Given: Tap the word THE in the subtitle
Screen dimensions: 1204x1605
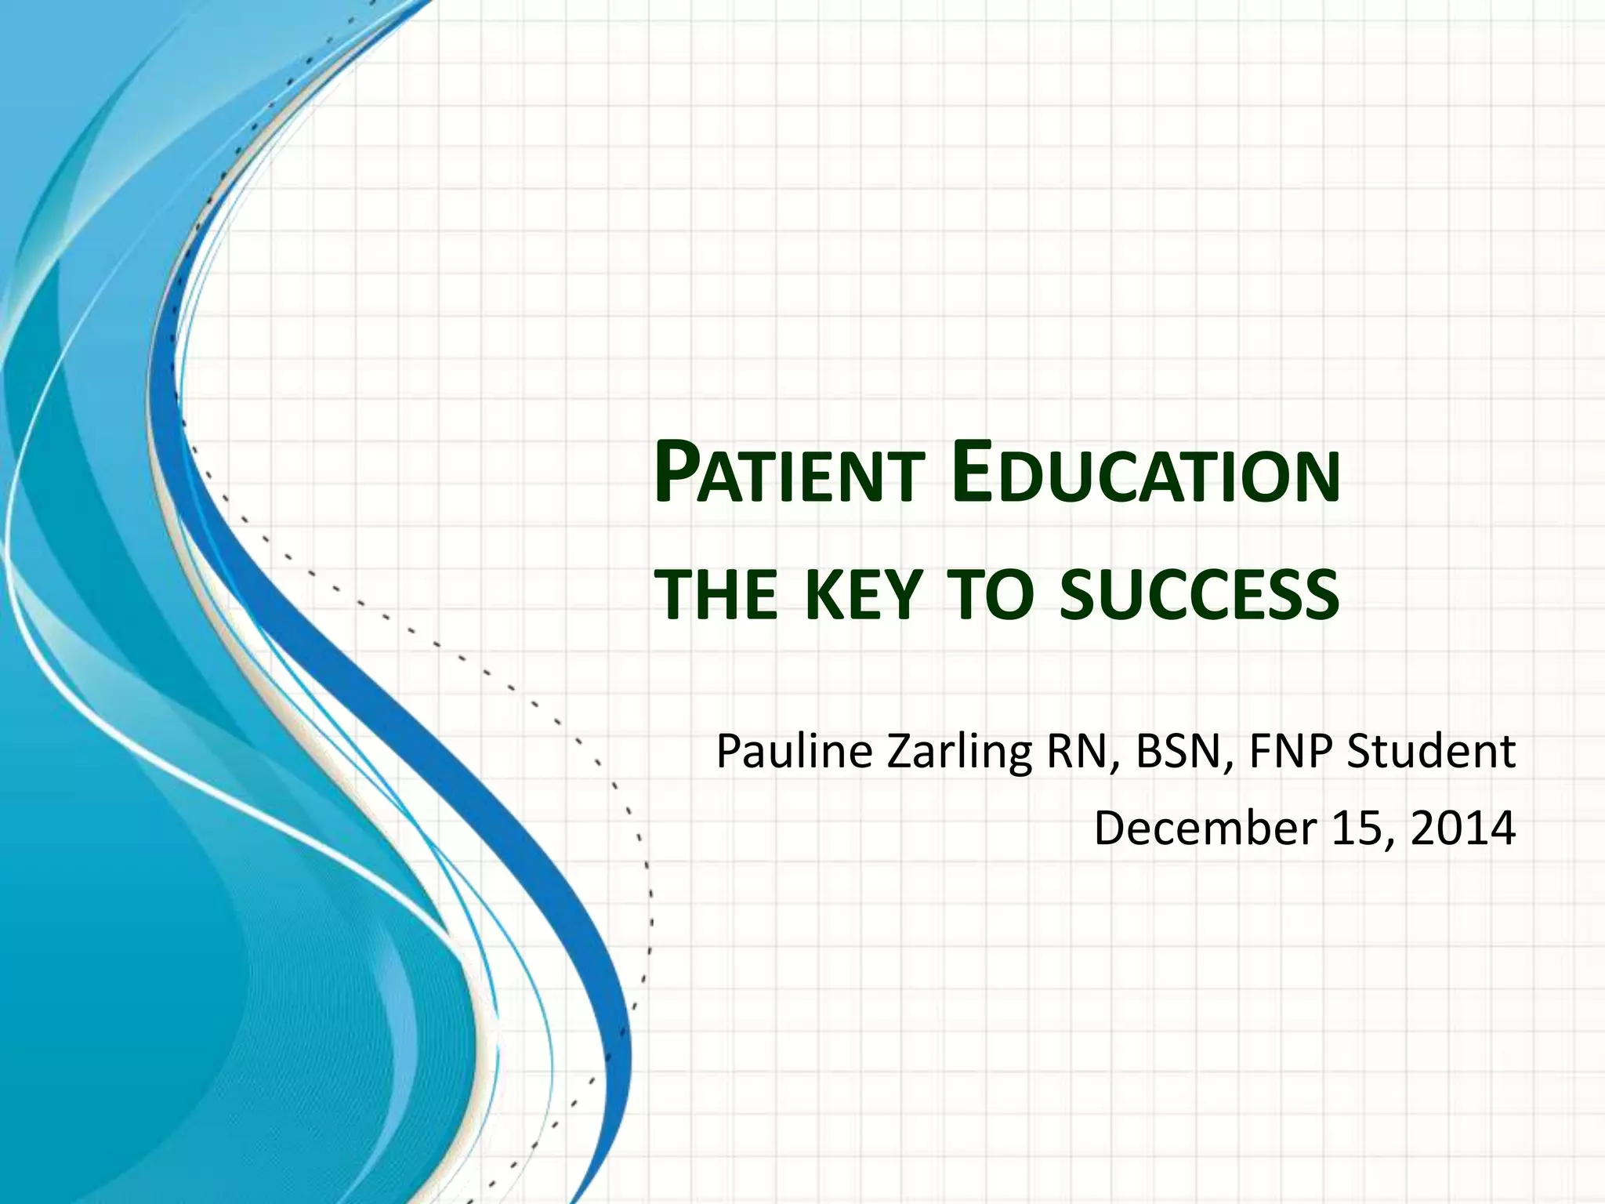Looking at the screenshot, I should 716,593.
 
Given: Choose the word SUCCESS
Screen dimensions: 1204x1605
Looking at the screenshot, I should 1199,593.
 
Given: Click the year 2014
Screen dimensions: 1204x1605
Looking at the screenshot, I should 1462,828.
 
